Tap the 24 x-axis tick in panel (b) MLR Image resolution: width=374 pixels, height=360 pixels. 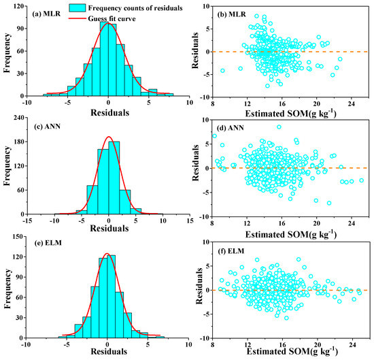[x=350, y=103]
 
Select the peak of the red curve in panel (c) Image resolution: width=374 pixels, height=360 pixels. [x=108, y=137]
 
